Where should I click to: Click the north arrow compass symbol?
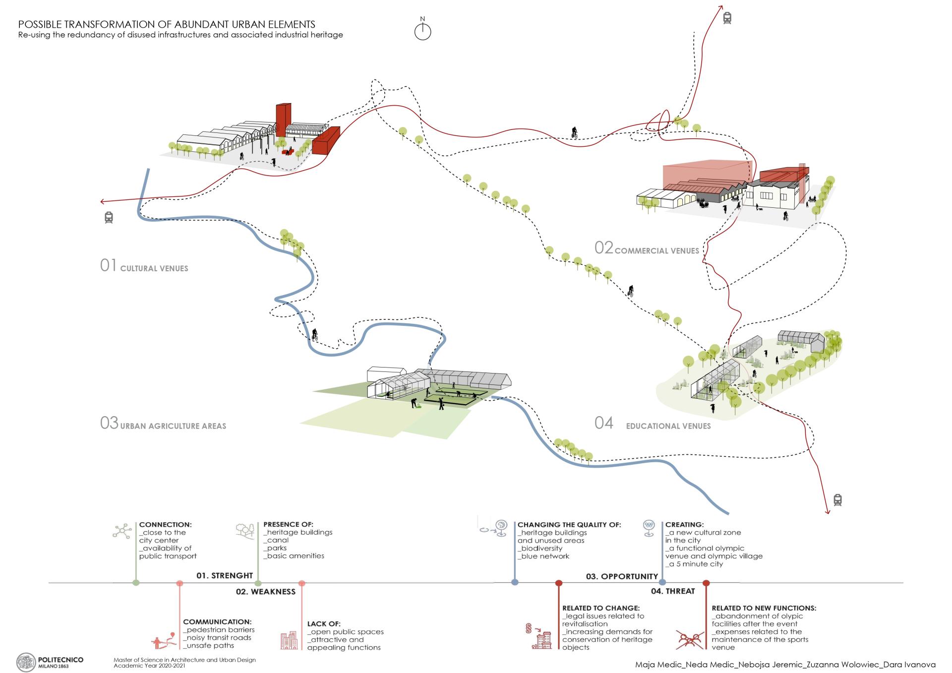tap(422, 31)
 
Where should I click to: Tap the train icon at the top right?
tap(727, 18)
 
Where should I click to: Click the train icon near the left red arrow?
tap(109, 217)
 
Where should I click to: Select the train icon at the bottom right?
tap(837, 499)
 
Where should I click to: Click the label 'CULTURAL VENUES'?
tap(154, 268)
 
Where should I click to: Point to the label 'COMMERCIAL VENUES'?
tap(656, 251)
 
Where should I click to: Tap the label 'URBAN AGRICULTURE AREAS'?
tap(173, 426)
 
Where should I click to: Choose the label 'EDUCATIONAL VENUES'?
tap(668, 426)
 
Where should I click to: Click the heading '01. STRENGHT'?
tap(225, 575)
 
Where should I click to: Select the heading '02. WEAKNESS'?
tap(265, 592)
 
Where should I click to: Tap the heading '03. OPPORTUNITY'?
tap(622, 576)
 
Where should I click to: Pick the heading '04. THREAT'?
tap(673, 591)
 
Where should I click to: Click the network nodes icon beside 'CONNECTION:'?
tap(122, 531)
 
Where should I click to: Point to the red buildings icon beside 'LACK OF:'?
tap(289, 640)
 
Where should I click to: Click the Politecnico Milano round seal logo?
tap(26, 663)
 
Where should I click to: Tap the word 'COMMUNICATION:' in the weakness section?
tap(217, 622)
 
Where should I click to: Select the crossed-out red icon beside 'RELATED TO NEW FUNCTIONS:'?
tap(690, 640)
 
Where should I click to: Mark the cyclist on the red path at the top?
tap(574, 132)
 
